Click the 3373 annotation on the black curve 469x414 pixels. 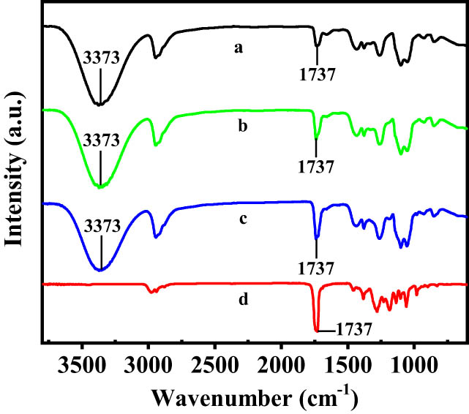[100, 59]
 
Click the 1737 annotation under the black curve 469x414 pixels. [317, 73]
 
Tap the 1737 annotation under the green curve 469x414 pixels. [317, 166]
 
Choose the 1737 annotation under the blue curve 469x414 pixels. [317, 267]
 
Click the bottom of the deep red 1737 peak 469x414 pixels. [317, 331]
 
